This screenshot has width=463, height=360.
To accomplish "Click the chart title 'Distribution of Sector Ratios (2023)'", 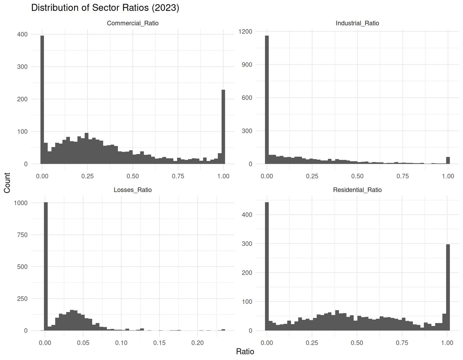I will coord(105,8).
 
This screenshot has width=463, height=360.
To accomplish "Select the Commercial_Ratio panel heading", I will coord(133,23).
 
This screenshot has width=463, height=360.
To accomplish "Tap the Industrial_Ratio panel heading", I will coord(357,23).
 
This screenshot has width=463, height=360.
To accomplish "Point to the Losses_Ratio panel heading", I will coord(133,190).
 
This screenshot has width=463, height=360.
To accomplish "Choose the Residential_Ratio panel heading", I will coord(357,190).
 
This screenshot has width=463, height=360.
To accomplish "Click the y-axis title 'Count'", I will coord(7,183).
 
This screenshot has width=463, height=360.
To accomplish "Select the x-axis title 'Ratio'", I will coord(245,351).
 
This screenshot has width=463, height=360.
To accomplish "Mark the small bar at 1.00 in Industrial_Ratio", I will coord(448,160).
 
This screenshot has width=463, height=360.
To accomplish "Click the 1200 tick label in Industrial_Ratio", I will coord(245,32).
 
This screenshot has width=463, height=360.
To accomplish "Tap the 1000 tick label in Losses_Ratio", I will coord(21,203).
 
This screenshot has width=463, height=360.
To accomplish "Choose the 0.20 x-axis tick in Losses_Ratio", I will coord(197,343).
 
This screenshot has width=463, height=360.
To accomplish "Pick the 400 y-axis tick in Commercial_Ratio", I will coord(22,34).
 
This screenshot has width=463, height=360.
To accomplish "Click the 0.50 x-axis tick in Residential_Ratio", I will coord(357,343).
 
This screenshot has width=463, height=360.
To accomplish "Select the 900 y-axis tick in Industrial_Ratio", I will coord(247,65).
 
